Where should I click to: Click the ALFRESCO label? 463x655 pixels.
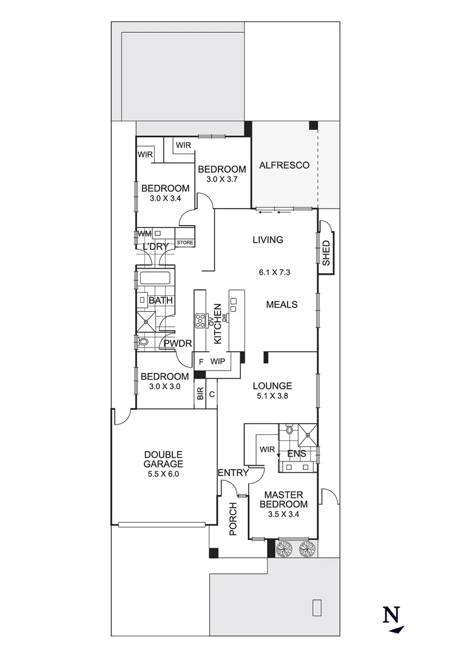tap(284, 165)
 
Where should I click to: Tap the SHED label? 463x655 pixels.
tap(326, 254)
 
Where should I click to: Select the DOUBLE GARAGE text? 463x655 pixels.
tap(163, 459)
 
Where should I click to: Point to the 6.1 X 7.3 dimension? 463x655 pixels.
tap(274, 272)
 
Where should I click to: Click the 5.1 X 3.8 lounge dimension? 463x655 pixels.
tap(272, 397)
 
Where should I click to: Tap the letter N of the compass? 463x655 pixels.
tap(391, 614)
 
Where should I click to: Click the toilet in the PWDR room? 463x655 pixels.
tap(143, 343)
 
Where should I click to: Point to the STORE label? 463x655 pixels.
tap(185, 243)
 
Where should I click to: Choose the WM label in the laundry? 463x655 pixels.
tap(144, 233)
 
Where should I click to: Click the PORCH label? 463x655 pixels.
tap(232, 519)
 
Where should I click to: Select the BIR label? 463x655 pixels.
tap(200, 394)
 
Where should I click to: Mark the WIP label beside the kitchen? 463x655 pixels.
tap(218, 361)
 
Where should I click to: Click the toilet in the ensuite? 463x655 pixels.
tap(289, 431)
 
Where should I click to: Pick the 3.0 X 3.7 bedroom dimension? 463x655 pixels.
tap(221, 180)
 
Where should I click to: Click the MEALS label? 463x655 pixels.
tap(282, 304)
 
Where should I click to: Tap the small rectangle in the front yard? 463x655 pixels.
tap(316, 607)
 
